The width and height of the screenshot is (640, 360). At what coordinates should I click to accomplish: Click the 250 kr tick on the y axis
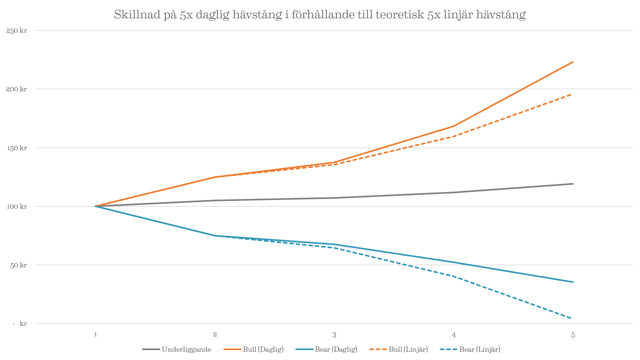point(17,31)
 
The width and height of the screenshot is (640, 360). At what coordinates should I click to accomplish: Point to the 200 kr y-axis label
point(17,89)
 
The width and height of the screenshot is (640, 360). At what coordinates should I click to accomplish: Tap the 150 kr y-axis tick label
point(17,148)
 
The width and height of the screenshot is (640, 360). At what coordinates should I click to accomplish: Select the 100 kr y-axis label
point(17,206)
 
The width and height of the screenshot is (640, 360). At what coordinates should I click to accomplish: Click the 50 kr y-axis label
point(18,265)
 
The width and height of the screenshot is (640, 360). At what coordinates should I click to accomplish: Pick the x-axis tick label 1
point(95,335)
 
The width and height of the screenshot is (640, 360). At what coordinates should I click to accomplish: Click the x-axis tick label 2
point(215,335)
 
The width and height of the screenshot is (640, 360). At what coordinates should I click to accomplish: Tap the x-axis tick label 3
point(334,335)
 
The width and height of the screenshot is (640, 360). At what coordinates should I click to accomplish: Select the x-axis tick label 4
point(454,335)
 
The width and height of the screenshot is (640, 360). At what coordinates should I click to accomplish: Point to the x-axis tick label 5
point(573,335)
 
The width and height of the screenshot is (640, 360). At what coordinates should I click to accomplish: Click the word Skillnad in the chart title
point(137,15)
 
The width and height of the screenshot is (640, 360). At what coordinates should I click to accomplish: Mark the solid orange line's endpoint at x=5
point(573,62)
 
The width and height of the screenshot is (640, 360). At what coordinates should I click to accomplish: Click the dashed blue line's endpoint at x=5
point(571,318)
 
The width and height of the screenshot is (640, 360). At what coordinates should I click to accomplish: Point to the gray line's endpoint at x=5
point(573,184)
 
